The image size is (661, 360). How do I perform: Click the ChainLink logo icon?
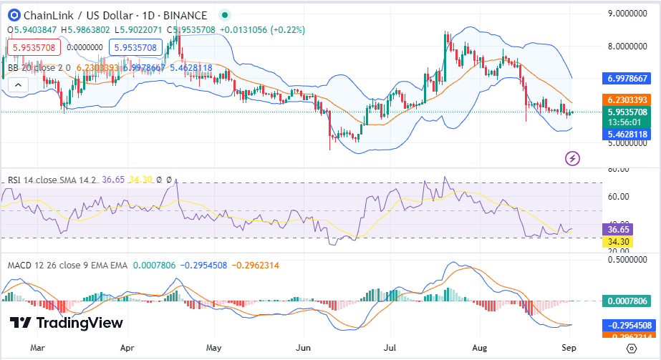coord(13,15)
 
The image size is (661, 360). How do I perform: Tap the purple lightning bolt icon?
coord(572,157)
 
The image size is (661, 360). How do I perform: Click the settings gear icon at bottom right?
coord(630,349)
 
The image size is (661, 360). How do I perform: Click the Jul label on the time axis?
coord(390,348)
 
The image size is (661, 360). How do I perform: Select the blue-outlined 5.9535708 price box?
coord(133,47)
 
